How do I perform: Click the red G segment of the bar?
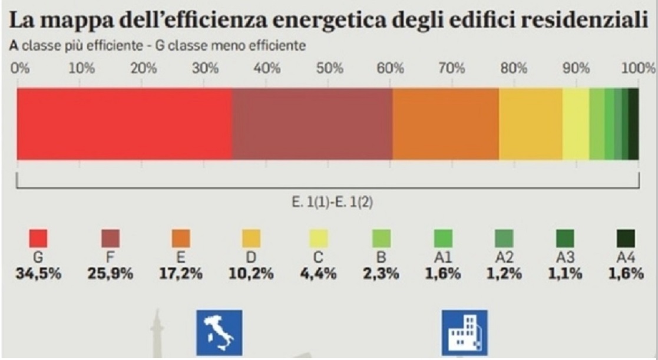124,124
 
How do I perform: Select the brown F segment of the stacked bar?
312,124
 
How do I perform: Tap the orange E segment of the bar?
445,124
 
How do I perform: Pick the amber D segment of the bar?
530,124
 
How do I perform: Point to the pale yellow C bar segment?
576,124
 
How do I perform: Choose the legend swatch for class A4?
626,239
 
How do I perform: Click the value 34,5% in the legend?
38,274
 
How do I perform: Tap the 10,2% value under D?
251,274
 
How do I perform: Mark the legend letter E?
180,257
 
